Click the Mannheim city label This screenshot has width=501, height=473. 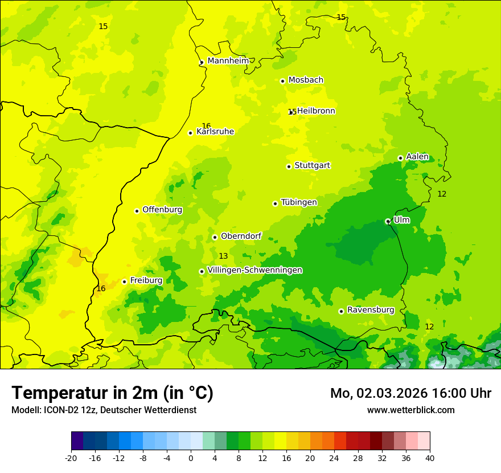coord(228,61)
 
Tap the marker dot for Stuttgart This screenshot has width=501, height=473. coord(289,166)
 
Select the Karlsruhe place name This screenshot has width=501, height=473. coord(215,132)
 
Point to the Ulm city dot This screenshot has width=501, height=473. coord(388,221)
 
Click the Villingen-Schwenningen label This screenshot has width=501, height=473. coord(254,270)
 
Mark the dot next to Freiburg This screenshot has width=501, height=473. coord(124,282)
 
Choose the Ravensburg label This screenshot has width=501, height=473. coord(370,310)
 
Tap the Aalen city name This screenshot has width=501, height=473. coord(417,157)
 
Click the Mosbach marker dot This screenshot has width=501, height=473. coord(282,81)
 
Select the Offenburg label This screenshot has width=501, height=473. coord(162,210)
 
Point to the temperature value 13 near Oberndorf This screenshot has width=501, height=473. coord(223,256)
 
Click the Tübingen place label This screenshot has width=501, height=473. coord(298,202)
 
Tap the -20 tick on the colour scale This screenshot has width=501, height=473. coord(71,458)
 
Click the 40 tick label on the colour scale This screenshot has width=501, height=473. coord(429,458)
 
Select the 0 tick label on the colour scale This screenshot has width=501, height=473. coord(191,458)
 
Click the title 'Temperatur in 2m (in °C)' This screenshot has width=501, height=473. coord(112,393)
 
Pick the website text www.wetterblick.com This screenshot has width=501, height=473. coord(410,410)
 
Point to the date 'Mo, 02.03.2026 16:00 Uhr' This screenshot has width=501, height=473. coord(410,393)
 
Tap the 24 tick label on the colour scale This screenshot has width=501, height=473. coord(334,458)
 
